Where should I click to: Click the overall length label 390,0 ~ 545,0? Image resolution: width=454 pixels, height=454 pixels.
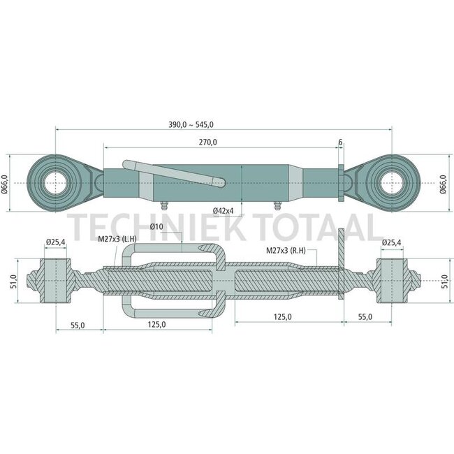tap(191, 125)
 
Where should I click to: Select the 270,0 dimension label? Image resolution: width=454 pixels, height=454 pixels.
tap(208, 142)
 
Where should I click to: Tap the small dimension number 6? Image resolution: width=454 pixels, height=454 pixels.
tap(340, 142)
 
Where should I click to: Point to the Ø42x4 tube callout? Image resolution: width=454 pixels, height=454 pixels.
tap(224, 211)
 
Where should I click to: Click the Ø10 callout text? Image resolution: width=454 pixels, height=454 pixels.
tap(156, 226)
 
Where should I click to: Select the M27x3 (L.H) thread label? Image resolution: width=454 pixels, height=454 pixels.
tap(117, 239)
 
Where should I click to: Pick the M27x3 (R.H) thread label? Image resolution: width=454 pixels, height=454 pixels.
tap(286, 251)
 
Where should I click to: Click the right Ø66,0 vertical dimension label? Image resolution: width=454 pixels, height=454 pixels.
tap(444, 184)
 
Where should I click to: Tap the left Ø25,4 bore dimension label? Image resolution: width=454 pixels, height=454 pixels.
tap(56, 242)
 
